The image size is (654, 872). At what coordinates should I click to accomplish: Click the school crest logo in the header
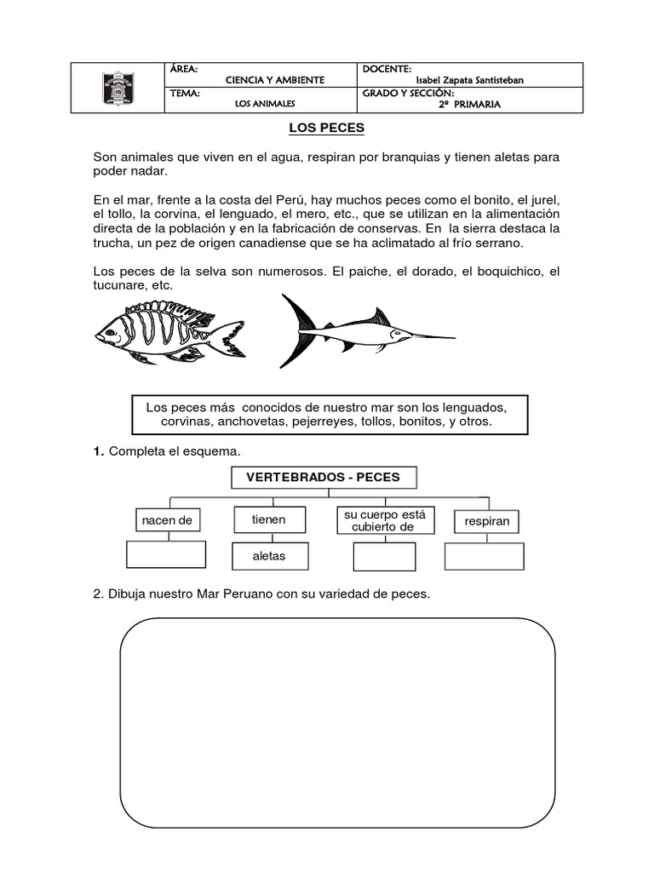(118, 88)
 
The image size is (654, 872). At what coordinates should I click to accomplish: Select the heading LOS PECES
(326, 128)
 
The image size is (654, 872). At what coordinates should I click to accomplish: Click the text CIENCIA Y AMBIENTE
(274, 80)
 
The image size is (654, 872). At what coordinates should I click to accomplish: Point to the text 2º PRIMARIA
(469, 105)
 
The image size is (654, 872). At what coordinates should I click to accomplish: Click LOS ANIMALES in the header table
(264, 105)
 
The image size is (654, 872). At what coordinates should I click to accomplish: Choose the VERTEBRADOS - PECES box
(323, 478)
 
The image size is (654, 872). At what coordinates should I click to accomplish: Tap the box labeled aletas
(268, 556)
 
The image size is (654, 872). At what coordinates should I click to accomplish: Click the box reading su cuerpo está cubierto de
(384, 520)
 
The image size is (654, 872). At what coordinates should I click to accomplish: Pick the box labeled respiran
(487, 521)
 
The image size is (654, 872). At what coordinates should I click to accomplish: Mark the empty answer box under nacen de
(166, 554)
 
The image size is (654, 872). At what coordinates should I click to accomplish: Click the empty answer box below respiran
(485, 556)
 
